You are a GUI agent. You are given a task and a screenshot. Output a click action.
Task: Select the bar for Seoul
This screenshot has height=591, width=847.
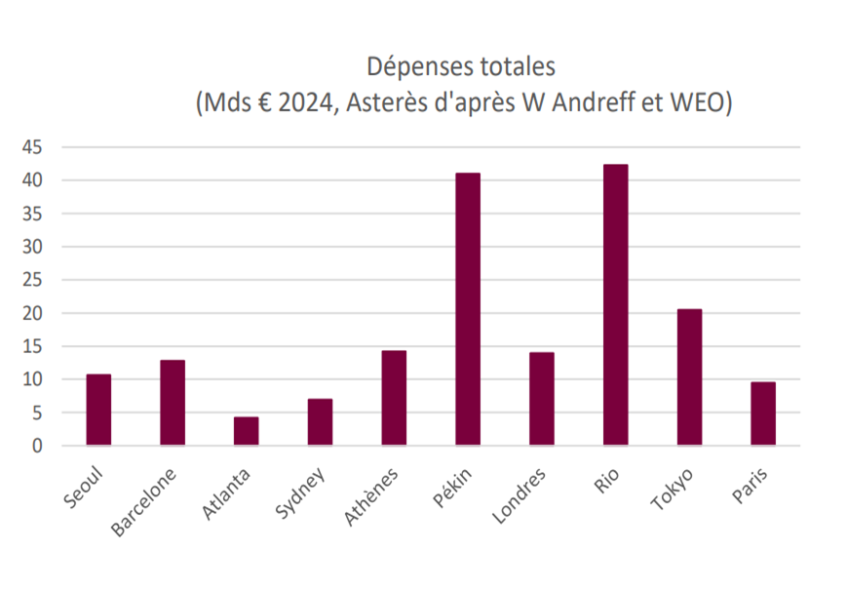pyautogui.click(x=98, y=410)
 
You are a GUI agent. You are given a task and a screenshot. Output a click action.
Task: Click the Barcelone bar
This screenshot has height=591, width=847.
pyautogui.click(x=173, y=403)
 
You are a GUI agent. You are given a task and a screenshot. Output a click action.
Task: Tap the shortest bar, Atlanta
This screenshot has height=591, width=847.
pyautogui.click(x=247, y=431)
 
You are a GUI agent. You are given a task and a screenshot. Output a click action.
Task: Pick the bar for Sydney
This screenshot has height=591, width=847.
pyautogui.click(x=321, y=422)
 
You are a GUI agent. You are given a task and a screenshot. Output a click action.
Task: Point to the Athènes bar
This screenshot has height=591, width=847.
pyautogui.click(x=394, y=398)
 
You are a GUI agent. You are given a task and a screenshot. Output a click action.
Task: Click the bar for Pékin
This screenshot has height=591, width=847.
pyautogui.click(x=468, y=309)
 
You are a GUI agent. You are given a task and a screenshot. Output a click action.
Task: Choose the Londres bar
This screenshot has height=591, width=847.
pyautogui.click(x=542, y=399)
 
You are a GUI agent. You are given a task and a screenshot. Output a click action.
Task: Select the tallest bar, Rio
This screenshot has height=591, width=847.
pyautogui.click(x=616, y=305)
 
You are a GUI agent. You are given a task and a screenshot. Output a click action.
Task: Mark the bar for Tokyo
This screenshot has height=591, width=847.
pyautogui.click(x=690, y=377)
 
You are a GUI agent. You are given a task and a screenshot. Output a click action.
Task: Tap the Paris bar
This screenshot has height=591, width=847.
pyautogui.click(x=763, y=414)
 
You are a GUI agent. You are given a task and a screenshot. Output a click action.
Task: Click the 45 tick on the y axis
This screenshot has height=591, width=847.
pyautogui.click(x=32, y=147)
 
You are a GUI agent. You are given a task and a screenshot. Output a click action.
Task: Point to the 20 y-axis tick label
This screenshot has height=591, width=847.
pyautogui.click(x=32, y=313)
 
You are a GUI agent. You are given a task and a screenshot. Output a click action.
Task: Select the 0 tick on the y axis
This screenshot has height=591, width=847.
pyautogui.click(x=37, y=446)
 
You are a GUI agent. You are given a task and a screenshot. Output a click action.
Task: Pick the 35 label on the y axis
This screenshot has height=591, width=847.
pyautogui.click(x=32, y=214)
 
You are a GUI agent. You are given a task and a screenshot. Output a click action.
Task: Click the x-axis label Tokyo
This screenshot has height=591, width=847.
pyautogui.click(x=672, y=490)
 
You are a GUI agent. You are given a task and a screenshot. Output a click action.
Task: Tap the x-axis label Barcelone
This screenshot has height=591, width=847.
pyautogui.click(x=143, y=502)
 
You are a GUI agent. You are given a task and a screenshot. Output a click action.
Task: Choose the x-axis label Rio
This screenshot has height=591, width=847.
pyautogui.click(x=606, y=481)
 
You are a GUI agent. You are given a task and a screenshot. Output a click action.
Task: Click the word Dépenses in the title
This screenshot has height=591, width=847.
pyautogui.click(x=414, y=67)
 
